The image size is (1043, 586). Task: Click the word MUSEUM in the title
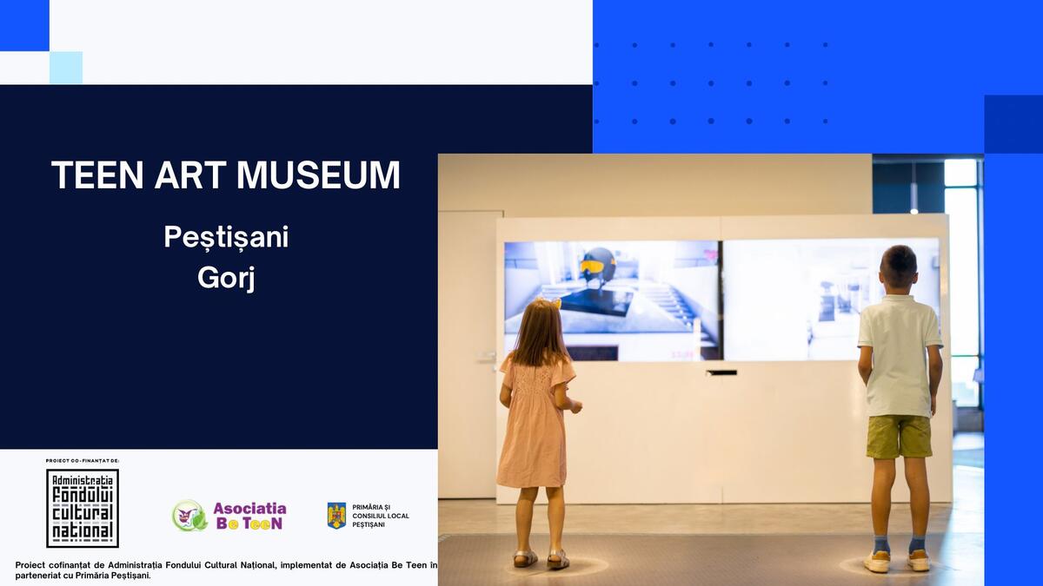point(318,174)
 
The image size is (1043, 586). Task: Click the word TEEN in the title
point(97,174)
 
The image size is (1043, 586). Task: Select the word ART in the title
point(190,174)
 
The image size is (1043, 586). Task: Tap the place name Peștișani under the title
point(226,237)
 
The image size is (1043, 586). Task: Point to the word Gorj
point(226,278)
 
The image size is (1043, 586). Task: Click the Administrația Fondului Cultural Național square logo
point(83,508)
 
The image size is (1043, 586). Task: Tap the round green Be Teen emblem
point(189,516)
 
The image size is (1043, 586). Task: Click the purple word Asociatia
point(249,509)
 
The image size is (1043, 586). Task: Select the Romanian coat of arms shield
point(336,516)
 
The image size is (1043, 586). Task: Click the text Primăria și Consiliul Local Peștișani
point(381,516)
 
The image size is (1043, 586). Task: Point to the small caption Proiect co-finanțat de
point(83,461)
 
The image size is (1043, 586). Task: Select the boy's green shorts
point(899,436)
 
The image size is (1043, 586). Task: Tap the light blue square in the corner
point(66,68)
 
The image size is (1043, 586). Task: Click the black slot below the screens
point(721,372)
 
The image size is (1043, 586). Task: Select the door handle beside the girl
point(487,357)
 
